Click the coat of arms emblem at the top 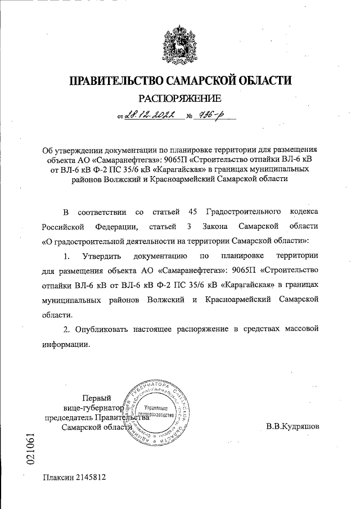[x=180, y=38]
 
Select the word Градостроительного [x=244, y=211]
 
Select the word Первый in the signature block [x=97, y=397]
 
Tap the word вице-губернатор [x=90, y=407]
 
